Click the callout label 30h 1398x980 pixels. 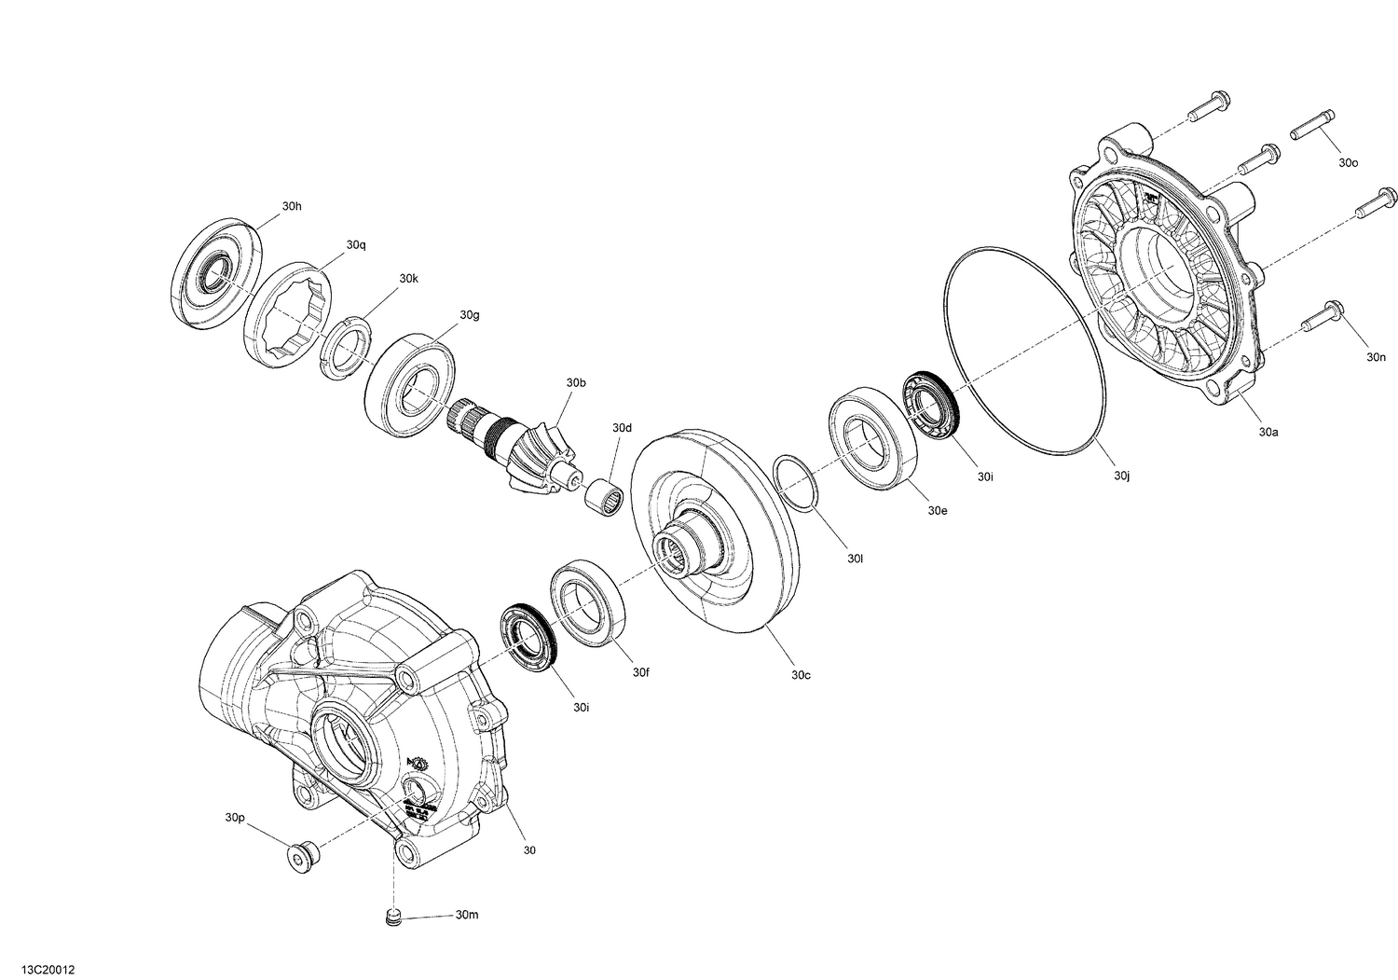[292, 206]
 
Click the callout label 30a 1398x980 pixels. [1268, 432]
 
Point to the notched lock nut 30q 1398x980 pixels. [290, 312]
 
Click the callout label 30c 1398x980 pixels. [801, 674]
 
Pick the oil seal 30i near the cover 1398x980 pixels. [932, 407]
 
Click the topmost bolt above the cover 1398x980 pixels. [1211, 108]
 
